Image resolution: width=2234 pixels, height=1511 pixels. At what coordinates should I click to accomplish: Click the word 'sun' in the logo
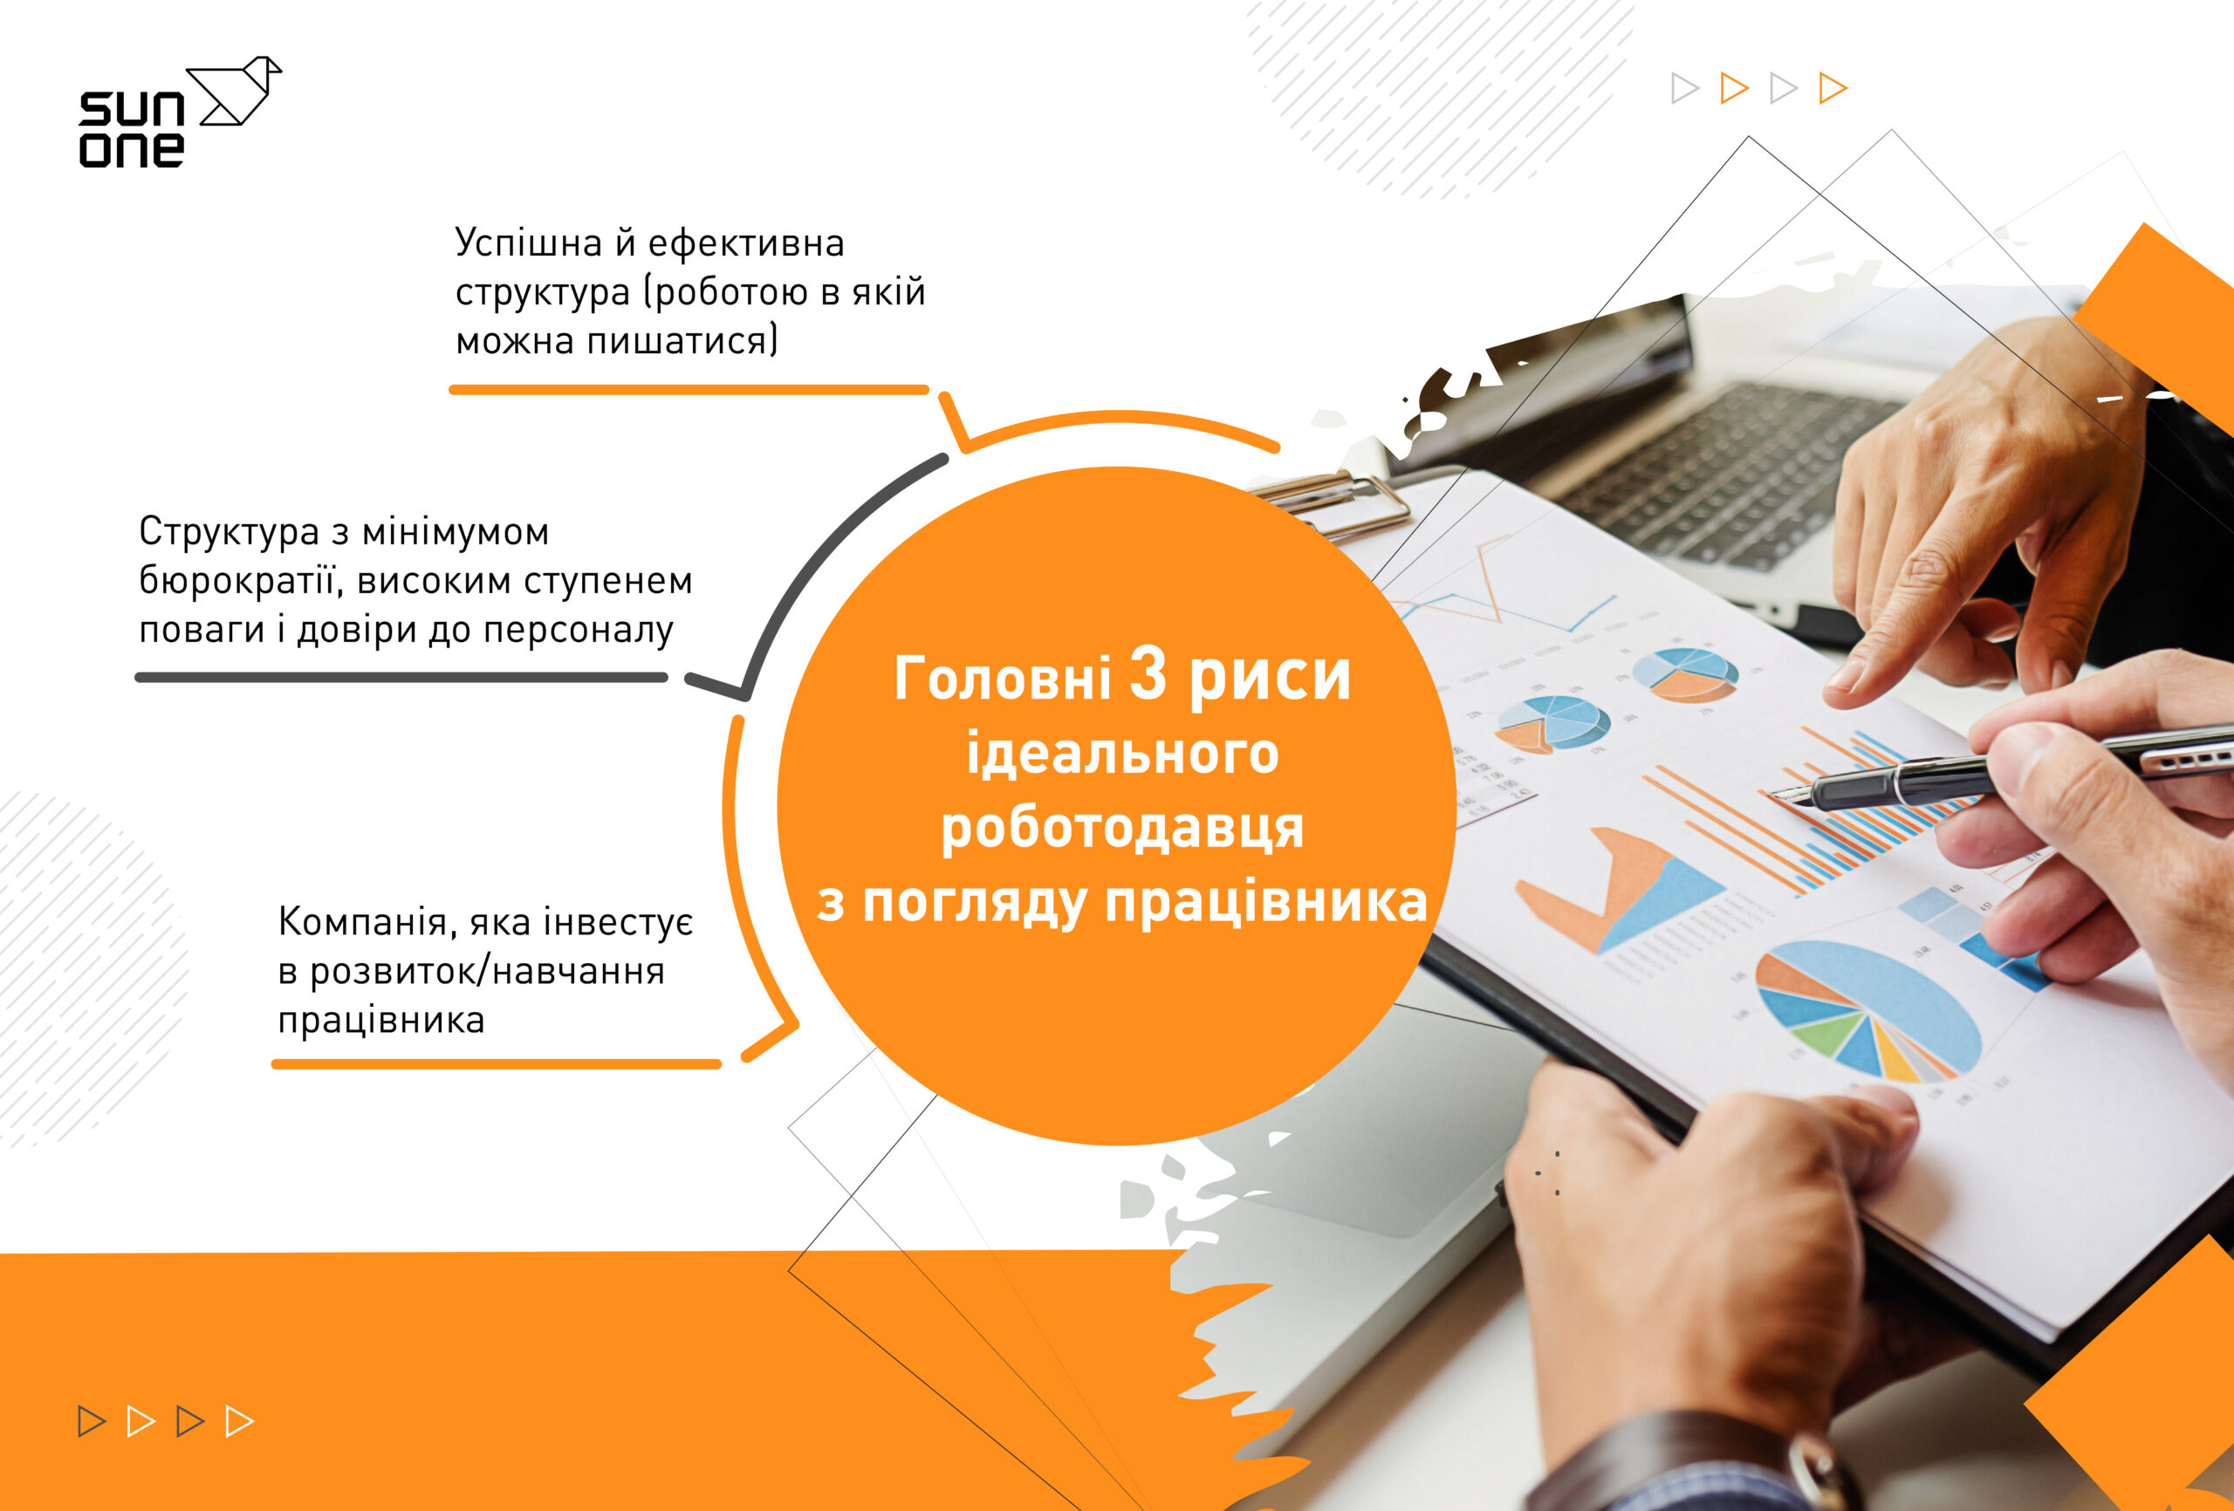(132, 110)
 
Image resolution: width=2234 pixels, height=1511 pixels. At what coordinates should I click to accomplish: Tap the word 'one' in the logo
(132, 149)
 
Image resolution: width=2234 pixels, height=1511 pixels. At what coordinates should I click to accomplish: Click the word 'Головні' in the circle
(1003, 677)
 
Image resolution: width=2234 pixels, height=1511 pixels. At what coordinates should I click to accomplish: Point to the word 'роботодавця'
(1122, 828)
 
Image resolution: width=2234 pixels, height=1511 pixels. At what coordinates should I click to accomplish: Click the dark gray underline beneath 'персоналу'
(401, 677)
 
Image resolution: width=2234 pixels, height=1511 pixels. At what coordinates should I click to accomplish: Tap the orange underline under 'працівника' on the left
(496, 1064)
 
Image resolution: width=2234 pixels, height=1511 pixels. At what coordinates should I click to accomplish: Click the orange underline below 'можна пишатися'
(689, 389)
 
